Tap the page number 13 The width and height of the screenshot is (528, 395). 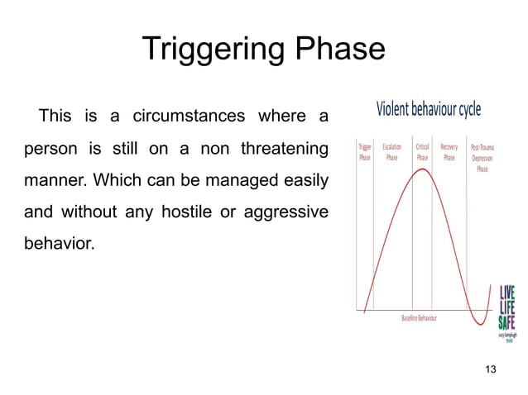point(489,369)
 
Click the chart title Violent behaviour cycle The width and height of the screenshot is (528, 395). point(429,110)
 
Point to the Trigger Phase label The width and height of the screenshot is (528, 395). point(364,152)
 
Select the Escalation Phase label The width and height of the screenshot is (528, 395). point(392,152)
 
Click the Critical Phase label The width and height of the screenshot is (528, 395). point(422,152)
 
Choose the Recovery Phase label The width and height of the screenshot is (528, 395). point(449,152)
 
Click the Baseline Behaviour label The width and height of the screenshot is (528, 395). point(420,318)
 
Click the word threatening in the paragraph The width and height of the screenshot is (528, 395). point(284,148)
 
